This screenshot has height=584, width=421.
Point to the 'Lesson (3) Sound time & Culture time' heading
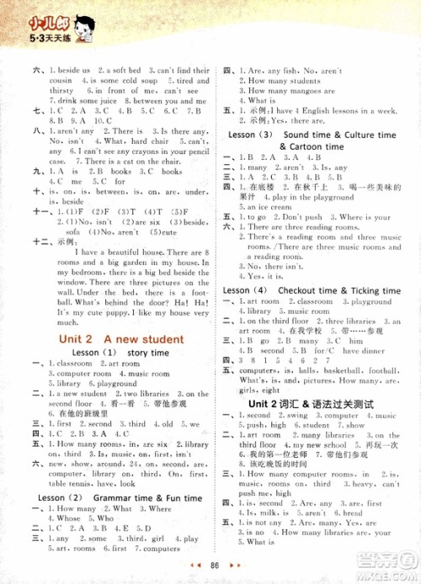click(x=315, y=135)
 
